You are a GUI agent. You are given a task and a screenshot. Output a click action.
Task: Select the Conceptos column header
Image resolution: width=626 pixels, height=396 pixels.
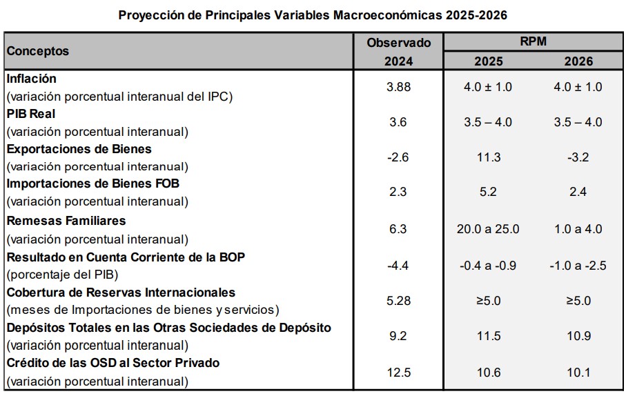click(x=38, y=50)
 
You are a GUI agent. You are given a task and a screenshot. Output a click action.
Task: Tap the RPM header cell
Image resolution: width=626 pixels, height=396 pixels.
click(x=533, y=41)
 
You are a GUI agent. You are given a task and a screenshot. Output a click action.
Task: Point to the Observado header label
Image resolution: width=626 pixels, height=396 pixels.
click(x=398, y=42)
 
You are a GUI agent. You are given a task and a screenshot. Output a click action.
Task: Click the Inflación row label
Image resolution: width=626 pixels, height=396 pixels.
click(x=31, y=79)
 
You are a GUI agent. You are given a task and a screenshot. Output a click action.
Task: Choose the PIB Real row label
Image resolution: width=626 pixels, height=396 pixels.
click(x=31, y=114)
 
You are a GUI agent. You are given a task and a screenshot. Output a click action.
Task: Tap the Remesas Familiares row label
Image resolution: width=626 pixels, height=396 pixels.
click(x=66, y=221)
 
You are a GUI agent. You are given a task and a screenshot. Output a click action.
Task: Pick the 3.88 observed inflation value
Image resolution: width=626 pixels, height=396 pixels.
click(x=398, y=87)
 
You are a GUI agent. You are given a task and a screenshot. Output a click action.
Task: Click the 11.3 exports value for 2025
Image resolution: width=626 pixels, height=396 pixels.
click(x=488, y=157)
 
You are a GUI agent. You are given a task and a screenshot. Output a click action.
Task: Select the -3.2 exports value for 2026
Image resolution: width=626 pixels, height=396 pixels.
click(x=578, y=157)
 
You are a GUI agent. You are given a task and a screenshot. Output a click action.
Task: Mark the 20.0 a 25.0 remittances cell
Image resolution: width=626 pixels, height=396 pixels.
click(x=488, y=229)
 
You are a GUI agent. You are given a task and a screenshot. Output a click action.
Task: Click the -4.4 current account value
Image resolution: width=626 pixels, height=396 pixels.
click(x=398, y=265)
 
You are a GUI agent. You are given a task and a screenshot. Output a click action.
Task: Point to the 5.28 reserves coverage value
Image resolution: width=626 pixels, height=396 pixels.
click(x=398, y=301)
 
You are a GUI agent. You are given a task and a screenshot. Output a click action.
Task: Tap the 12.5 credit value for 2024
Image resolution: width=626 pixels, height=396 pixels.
click(x=398, y=373)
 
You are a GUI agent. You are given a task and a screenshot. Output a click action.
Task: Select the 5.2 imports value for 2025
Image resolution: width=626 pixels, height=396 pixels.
click(x=488, y=192)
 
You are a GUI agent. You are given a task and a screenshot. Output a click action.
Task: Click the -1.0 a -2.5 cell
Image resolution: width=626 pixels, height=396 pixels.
click(x=578, y=265)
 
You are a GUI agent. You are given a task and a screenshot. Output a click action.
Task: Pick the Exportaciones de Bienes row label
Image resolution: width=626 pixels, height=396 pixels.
click(x=79, y=149)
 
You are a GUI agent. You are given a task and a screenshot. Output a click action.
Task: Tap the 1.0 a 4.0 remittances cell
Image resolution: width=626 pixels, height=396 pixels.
click(x=578, y=229)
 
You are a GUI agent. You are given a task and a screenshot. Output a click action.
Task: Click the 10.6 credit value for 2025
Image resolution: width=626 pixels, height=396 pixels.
click(x=488, y=373)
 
